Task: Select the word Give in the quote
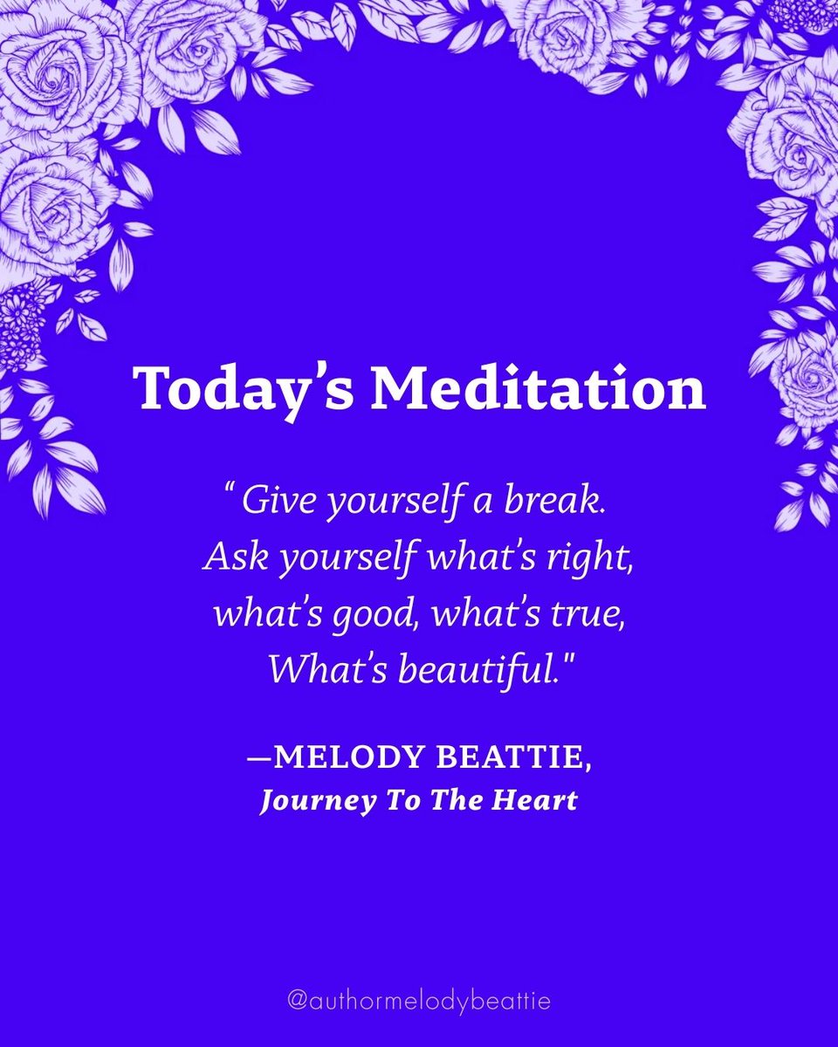coord(268,502)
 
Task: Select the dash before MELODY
coord(258,756)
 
